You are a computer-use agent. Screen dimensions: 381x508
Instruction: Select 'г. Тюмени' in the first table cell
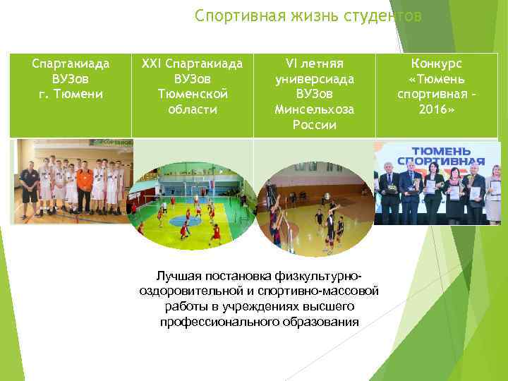(71, 94)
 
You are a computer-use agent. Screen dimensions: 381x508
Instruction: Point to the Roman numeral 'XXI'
(152, 64)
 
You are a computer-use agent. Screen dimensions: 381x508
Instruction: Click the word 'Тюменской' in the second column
(192, 94)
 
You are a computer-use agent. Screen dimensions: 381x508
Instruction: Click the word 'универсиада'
(315, 78)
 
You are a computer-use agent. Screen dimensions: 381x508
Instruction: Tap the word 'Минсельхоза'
(315, 109)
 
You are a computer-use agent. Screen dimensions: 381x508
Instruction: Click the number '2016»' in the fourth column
(437, 109)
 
